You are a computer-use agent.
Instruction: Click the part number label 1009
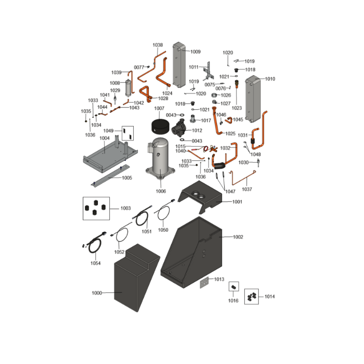point(195,52)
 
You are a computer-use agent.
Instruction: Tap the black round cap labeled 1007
point(160,127)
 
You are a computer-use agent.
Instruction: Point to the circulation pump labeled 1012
point(178,128)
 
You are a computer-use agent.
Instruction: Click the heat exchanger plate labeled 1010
point(253,99)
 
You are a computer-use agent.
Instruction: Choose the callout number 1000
point(97,293)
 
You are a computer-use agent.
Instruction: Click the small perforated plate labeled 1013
point(204,283)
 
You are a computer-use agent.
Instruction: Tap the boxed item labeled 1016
point(234,287)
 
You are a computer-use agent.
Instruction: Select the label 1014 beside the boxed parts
point(269,297)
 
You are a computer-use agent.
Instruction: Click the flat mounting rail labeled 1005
point(111,175)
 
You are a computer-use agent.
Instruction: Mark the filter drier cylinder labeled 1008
point(128,88)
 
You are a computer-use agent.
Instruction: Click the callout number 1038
point(157,45)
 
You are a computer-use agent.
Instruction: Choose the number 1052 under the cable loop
point(119,252)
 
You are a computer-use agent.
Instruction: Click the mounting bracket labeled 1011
point(208,71)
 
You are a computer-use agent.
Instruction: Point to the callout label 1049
point(108,131)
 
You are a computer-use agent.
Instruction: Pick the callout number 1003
point(126,208)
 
